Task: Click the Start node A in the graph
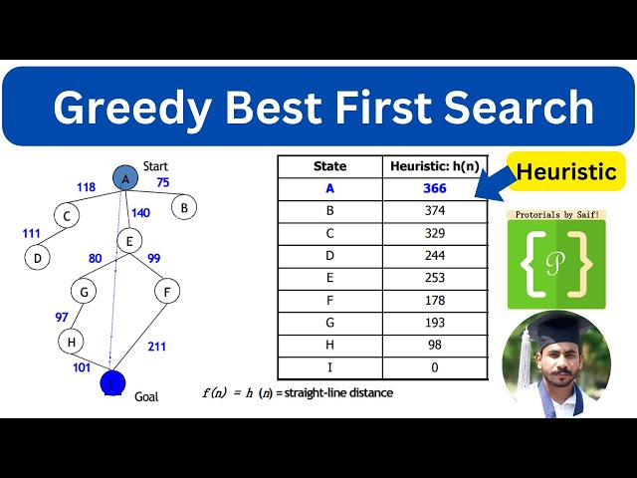pyautogui.click(x=125, y=178)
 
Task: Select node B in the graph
pyautogui.click(x=183, y=207)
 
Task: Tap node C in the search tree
pyautogui.click(x=66, y=215)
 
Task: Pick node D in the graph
pyautogui.click(x=37, y=257)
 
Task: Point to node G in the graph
pyautogui.click(x=84, y=291)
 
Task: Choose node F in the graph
pyautogui.click(x=166, y=292)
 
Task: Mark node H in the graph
pyautogui.click(x=71, y=341)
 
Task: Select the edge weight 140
pyautogui.click(x=140, y=212)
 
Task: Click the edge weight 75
pyautogui.click(x=162, y=182)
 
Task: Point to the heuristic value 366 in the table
pyautogui.click(x=434, y=188)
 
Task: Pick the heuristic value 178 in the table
pyautogui.click(x=434, y=302)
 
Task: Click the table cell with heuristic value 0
pyautogui.click(x=434, y=368)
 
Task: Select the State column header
pyautogui.click(x=329, y=166)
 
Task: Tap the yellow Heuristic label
pyautogui.click(x=565, y=172)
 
